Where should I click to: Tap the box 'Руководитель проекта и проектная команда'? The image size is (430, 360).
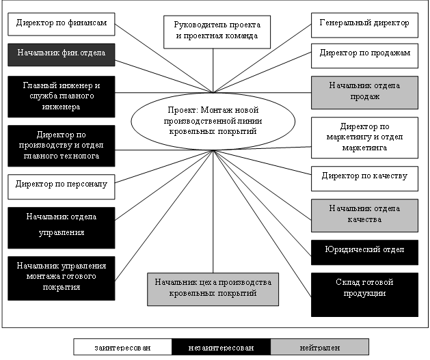tap(213, 30)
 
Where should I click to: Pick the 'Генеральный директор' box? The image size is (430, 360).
tap(364, 23)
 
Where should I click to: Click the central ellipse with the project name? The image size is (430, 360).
tap(213, 120)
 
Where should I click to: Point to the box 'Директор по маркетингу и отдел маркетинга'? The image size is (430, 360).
tap(364, 137)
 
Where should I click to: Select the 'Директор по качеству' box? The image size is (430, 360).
tap(364, 176)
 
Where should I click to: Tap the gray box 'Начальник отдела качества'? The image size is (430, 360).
tap(364, 213)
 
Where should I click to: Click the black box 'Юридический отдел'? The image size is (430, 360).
tap(364, 251)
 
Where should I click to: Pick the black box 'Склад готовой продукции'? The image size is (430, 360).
tap(364, 294)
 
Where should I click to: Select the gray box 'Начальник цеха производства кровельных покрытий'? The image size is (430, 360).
tap(213, 288)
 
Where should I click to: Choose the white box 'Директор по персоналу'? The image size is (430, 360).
tap(61, 184)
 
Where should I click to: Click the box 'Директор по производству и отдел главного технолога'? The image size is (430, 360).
tap(61, 145)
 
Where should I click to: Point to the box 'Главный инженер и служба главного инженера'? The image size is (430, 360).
tap(61, 96)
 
